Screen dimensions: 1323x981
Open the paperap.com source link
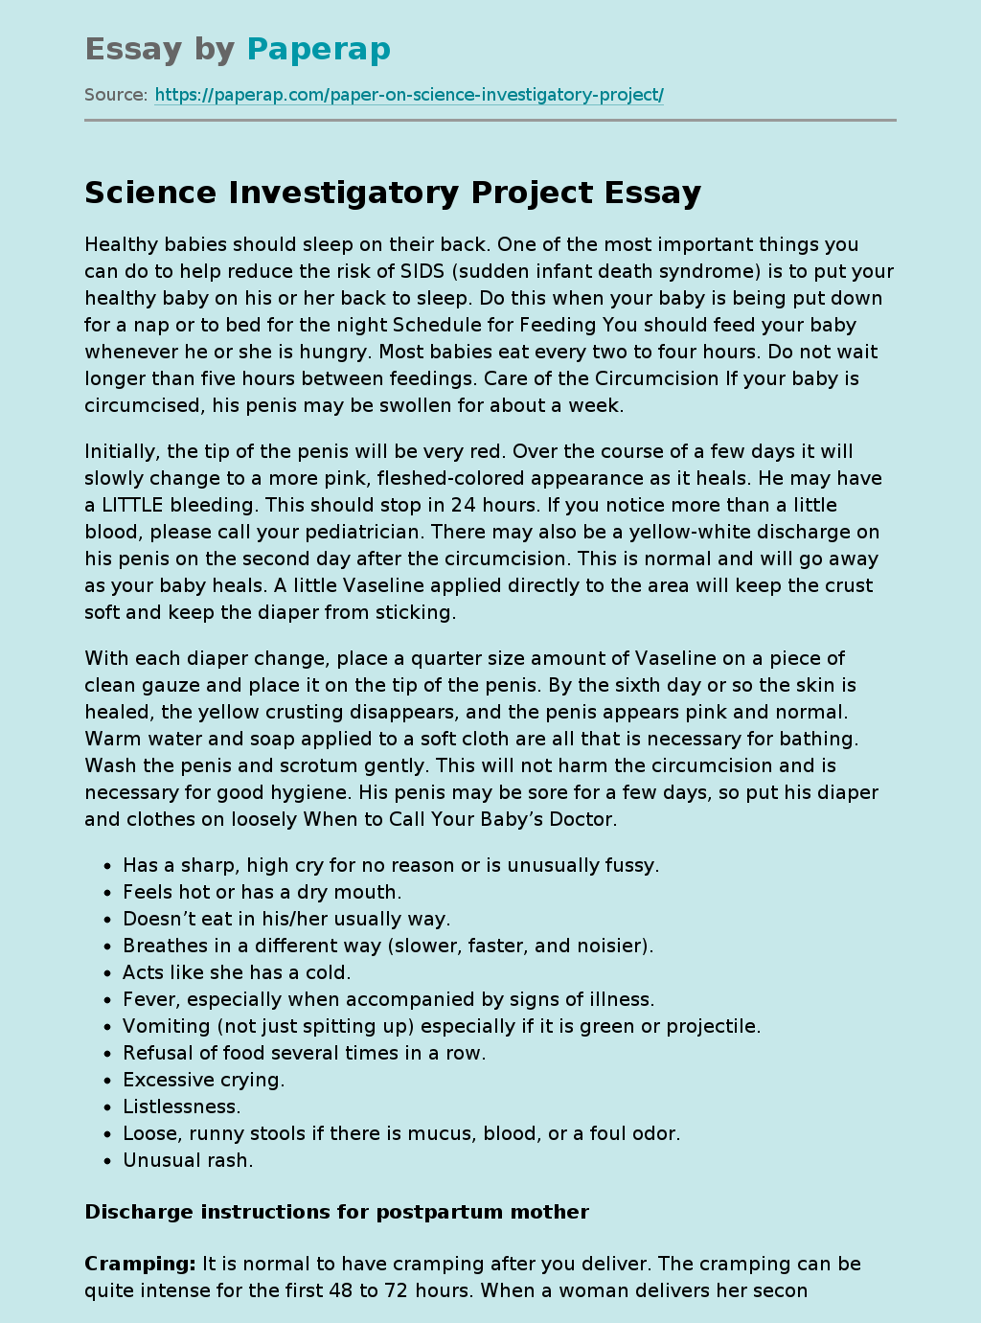(x=409, y=95)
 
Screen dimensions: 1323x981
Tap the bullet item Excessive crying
(x=203, y=1080)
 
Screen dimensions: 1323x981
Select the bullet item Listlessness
(x=181, y=1106)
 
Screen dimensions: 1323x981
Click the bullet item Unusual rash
(x=188, y=1160)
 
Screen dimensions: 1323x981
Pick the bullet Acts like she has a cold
(x=237, y=972)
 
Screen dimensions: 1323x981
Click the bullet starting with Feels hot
(x=262, y=892)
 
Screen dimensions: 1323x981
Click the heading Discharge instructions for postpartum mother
(x=336, y=1212)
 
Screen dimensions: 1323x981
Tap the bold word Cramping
(x=140, y=1264)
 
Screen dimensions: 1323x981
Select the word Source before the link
(x=115, y=95)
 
